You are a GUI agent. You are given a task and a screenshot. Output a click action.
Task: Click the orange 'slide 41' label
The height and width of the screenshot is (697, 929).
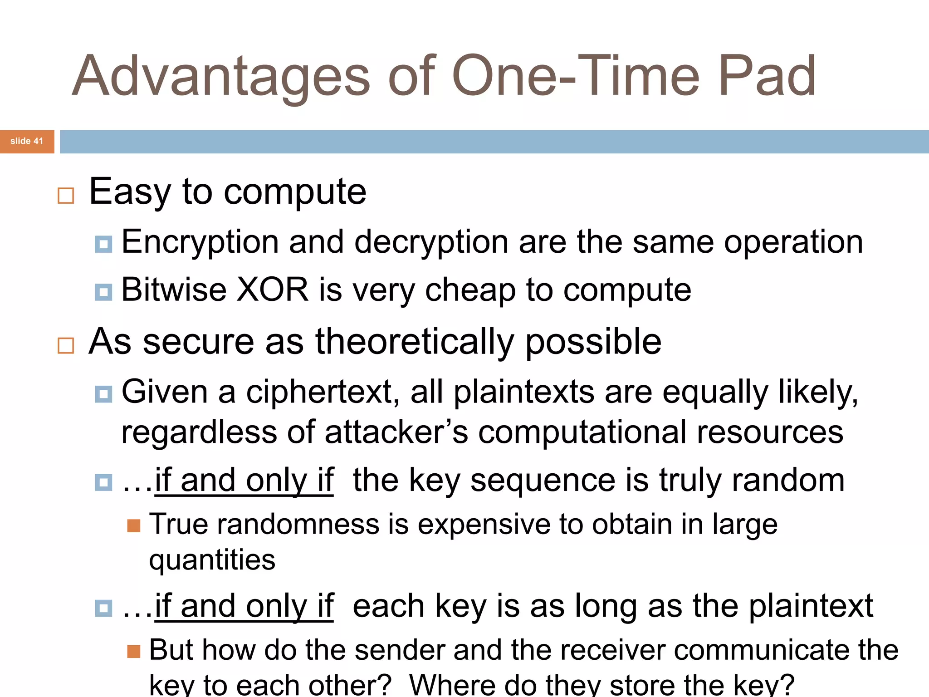[x=27, y=141]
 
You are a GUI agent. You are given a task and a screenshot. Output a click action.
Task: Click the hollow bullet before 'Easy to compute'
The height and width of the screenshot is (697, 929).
[x=66, y=196]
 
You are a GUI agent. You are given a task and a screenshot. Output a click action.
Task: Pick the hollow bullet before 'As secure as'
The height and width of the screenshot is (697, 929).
[x=66, y=345]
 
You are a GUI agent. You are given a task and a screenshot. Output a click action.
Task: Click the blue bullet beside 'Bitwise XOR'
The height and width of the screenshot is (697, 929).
[x=103, y=292]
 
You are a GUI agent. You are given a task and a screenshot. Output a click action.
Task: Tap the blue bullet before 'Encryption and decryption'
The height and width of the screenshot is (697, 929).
[x=103, y=244]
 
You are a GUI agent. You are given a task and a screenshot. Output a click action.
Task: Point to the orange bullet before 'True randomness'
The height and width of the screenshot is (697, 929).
[x=134, y=525]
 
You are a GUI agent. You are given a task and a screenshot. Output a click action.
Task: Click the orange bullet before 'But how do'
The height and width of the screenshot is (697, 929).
[x=134, y=652]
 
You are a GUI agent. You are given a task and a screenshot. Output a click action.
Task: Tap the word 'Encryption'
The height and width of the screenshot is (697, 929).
[x=200, y=242]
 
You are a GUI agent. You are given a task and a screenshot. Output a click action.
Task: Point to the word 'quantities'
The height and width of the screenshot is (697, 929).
[x=212, y=560]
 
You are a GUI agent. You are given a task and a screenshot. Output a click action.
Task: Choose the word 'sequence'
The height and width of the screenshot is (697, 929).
[x=543, y=480]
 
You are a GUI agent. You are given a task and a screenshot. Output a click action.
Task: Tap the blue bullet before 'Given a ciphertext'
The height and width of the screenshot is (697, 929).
[x=103, y=394]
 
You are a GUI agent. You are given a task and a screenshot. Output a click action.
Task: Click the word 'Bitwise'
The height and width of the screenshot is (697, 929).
[x=174, y=290]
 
